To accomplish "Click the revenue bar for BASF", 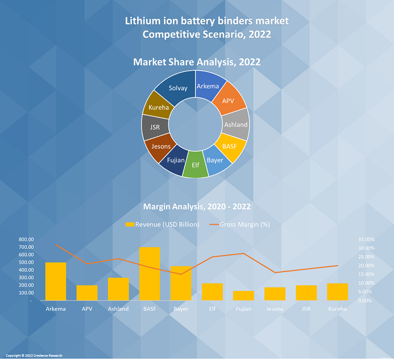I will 150,274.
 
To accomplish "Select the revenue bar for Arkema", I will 55,281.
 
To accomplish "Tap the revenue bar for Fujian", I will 244,296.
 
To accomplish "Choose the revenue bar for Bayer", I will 181,283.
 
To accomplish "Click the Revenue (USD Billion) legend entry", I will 162,224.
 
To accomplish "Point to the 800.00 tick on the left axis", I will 26,240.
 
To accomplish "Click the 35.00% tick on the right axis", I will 366,240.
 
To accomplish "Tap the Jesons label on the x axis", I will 275,309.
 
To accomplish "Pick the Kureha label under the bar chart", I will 337,309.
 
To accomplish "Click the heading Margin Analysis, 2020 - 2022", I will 196,206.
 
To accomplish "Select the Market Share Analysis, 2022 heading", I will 197,62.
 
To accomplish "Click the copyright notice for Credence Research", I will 34,355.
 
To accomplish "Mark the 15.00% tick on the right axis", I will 366,274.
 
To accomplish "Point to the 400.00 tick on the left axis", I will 26,270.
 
